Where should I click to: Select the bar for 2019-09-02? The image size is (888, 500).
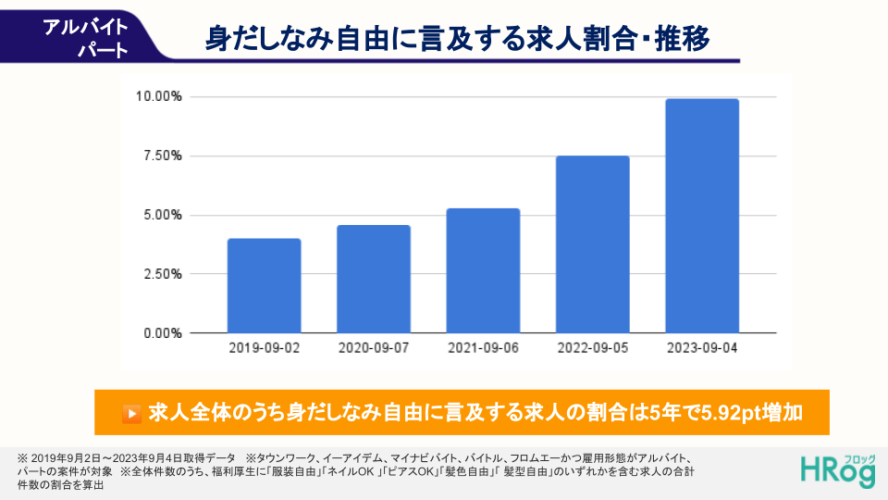[x=264, y=285]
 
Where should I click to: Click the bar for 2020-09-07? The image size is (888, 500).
[x=374, y=279]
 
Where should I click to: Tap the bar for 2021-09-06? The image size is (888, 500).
[x=483, y=270]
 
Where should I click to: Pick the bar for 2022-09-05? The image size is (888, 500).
[x=592, y=244]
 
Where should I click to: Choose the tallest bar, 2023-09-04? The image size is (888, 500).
[x=702, y=216]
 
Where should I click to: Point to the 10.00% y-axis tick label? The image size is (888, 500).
[x=158, y=96]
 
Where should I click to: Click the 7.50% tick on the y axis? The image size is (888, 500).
[x=162, y=156]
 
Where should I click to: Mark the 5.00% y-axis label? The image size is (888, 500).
[x=162, y=215]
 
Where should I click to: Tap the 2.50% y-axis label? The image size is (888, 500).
[x=162, y=274]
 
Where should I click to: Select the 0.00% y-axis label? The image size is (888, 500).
[x=162, y=333]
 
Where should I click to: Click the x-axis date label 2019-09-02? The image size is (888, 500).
[x=265, y=348]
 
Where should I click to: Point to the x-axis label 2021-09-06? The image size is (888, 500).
[x=483, y=348]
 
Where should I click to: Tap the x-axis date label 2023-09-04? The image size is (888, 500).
[x=702, y=348]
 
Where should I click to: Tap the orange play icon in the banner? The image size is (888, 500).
[x=132, y=413]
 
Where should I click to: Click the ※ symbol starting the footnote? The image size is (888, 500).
[x=22, y=458]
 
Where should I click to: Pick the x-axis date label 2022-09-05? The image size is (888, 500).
[x=593, y=348]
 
